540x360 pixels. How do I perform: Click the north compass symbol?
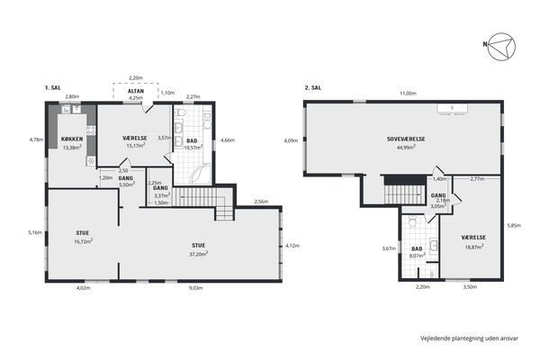pos(502,47)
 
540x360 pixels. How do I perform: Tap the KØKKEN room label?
pos(72,139)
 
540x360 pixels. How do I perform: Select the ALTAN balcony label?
pos(136,91)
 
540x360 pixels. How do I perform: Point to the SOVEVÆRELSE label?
pos(406,139)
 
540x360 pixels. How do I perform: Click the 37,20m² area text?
pos(199,254)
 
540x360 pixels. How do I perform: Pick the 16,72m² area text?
pos(84,241)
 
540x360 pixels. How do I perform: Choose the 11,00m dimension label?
pos(408,94)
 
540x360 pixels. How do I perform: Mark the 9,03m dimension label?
pos(195,288)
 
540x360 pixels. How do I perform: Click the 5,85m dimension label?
pos(514,226)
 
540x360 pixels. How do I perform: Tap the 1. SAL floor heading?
pos(53,88)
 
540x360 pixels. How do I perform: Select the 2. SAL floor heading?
pos(313,88)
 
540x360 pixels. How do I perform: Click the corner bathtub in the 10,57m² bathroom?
pos(201,174)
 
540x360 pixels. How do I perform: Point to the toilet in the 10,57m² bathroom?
pos(181,112)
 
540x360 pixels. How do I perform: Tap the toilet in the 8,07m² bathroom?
pos(412,222)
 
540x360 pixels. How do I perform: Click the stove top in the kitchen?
pos(91,130)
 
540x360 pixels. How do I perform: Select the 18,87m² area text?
pos(473,246)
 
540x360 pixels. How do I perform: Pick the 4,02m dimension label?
pos(83,288)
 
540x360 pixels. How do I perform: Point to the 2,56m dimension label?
pos(261,202)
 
